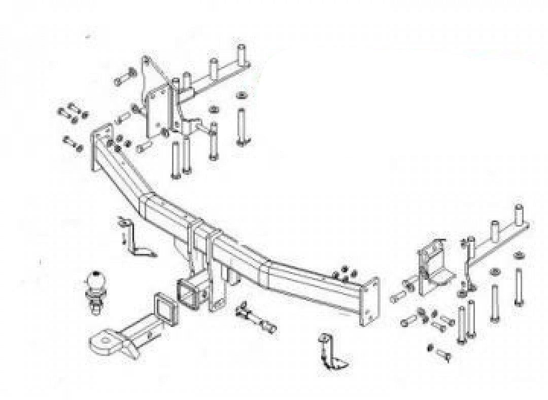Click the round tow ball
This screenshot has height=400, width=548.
[x=95, y=281]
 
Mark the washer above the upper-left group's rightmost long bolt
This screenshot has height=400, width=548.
[x=240, y=96]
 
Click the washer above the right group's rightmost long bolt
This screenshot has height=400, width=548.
[x=519, y=254]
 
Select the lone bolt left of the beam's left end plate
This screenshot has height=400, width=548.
[x=73, y=144]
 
